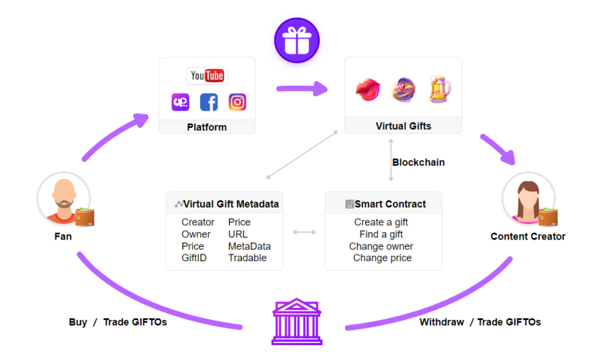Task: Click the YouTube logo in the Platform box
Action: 206,76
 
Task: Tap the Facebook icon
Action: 209,102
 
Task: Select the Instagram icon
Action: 237,102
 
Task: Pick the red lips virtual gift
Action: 368,90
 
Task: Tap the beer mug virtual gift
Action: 439,89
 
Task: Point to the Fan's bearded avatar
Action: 63,199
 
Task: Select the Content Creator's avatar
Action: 527,199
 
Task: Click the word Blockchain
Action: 418,162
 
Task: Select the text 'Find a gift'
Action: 383,234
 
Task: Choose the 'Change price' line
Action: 382,258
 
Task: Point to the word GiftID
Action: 195,258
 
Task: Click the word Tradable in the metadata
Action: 247,258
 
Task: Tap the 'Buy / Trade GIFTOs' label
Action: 118,322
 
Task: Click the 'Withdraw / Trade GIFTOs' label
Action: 480,322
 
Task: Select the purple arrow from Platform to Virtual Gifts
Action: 301,89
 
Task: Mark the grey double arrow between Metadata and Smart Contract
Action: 304,232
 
